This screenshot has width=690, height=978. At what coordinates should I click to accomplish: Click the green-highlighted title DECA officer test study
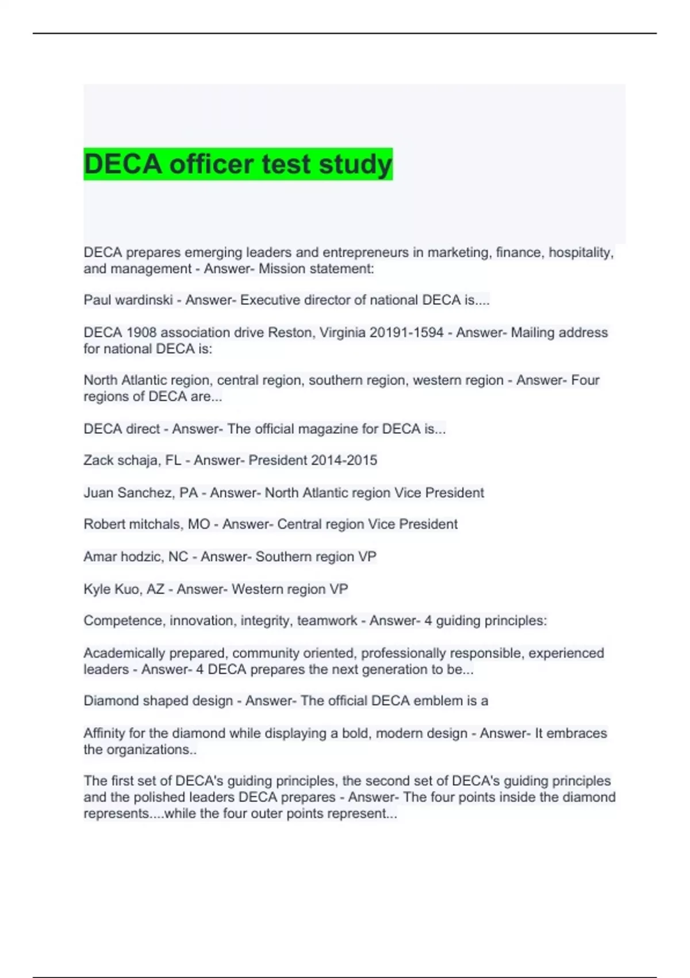pos(238,164)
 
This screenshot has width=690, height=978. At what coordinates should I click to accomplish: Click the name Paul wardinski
pos(128,300)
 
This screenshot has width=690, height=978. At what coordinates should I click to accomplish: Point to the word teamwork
pos(327,621)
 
